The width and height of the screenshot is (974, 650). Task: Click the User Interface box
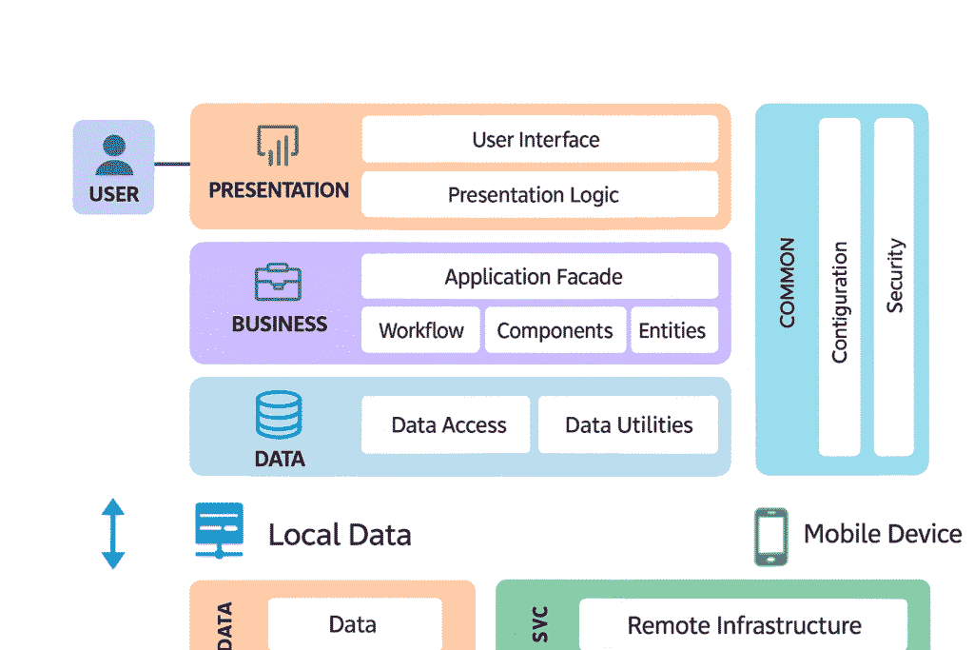click(539, 140)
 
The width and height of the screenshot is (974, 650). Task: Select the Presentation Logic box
click(539, 195)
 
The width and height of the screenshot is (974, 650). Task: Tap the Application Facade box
click(539, 277)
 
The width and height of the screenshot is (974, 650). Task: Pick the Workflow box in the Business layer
click(420, 330)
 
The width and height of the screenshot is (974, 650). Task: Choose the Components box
click(555, 330)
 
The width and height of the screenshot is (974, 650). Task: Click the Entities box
click(673, 330)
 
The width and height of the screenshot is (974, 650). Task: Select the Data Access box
click(448, 424)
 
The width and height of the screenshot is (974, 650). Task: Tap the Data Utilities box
click(628, 424)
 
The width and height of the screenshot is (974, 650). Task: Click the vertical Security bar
click(894, 286)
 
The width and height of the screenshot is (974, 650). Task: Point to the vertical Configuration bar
click(839, 286)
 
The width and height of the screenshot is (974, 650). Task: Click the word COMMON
click(787, 284)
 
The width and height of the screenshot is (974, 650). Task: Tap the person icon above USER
click(114, 155)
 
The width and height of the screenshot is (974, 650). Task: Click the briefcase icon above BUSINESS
click(279, 282)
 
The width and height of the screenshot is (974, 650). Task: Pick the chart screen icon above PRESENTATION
click(279, 146)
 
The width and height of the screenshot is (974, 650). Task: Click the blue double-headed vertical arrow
click(113, 534)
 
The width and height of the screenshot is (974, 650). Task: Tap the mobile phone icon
click(770, 537)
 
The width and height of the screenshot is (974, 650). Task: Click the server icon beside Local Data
click(220, 530)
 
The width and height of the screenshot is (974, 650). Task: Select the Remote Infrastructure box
click(743, 625)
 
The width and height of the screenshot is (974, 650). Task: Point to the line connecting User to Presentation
click(172, 165)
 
